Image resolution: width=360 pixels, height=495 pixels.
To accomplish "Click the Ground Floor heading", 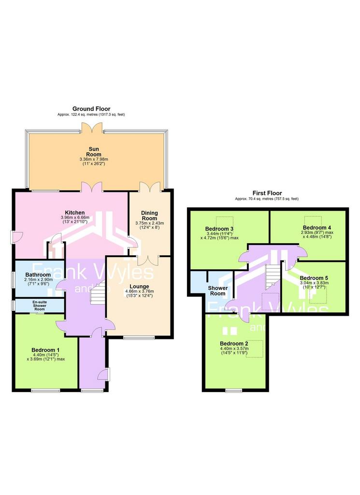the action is pos(91,109).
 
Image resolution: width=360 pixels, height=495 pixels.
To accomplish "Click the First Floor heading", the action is pos(267,193).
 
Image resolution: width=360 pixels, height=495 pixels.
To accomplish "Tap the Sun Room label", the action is pos(94,152).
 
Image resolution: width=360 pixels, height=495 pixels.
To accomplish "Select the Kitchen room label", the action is pos(75,213).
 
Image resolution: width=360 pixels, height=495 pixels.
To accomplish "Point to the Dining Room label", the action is pos(149,216).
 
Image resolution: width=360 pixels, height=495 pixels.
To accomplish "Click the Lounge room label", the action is pos(139,287).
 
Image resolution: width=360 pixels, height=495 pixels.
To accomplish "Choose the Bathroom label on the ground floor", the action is pos(38,275).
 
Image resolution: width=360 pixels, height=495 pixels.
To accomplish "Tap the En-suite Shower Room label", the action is pos(40,306).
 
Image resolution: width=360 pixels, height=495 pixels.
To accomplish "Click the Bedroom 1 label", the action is pos(45,350).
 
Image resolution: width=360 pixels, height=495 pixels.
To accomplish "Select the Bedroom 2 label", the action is pos(234,344).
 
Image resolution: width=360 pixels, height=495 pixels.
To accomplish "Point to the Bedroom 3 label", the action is pos(219,229).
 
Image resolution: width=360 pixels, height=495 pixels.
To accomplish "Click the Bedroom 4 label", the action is pos(317,228).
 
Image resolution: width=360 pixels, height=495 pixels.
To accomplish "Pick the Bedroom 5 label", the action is pos(314,278).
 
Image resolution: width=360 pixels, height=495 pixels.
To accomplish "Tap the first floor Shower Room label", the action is pos(218,291).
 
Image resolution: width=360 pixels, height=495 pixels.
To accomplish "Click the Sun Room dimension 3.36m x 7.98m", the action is pos(94,160).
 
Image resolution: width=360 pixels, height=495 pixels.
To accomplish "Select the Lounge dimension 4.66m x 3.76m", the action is pos(139,291).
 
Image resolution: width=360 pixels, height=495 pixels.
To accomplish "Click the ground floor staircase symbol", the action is pos(98,292).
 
